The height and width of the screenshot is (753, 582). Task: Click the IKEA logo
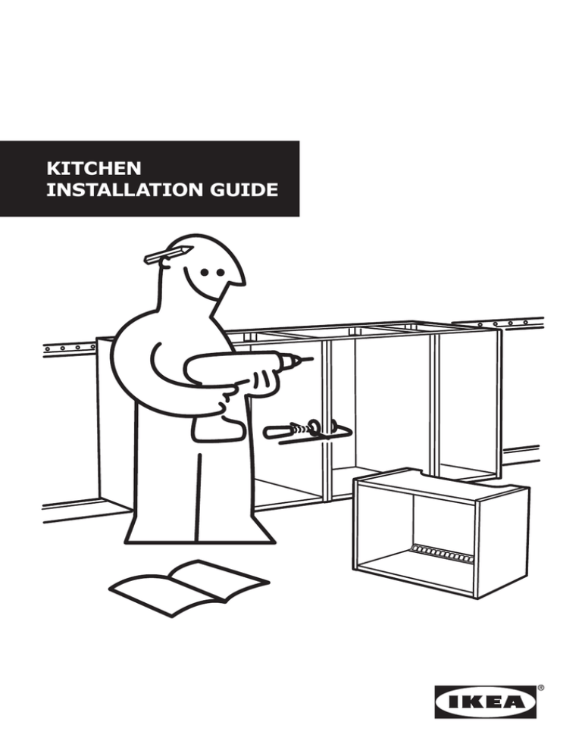point(484,701)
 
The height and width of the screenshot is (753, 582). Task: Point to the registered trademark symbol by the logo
point(540,688)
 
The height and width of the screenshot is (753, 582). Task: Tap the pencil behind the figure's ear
point(166,255)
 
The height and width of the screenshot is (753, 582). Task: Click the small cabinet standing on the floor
point(440,530)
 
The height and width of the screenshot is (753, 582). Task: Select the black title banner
point(149,178)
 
